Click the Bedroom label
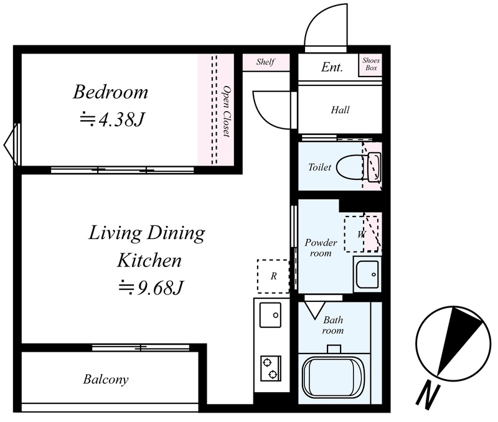coord(111,92)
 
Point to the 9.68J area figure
coord(151,288)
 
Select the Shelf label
coord(266,62)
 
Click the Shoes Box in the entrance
coord(371,64)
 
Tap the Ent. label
coord(332,67)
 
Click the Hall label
coord(340,110)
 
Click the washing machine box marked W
coord(362,234)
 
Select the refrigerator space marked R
coord(273,276)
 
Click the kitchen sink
coord(270,315)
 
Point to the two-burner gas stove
coord(271,368)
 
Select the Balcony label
coord(106,380)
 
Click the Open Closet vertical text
coord(226,111)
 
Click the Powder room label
coord(321,248)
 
